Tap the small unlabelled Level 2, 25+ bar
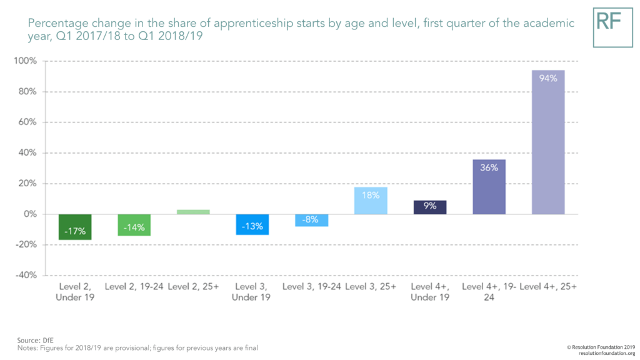(193, 212)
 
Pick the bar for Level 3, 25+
(371, 201)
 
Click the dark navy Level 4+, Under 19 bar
(430, 207)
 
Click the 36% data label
(489, 167)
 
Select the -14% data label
(134, 227)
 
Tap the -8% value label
(311, 220)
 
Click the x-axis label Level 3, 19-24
(311, 287)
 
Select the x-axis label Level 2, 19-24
(133, 287)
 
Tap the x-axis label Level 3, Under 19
(252, 292)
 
